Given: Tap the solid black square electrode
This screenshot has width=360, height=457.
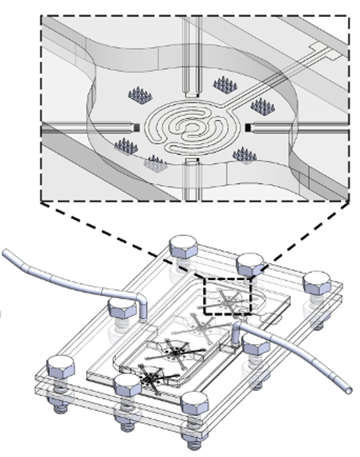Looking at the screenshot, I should (x=248, y=128).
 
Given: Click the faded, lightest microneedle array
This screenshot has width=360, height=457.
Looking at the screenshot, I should (x=155, y=163).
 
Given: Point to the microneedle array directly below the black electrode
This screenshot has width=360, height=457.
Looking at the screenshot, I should (x=244, y=155).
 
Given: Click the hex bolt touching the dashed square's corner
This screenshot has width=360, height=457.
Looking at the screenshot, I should (x=249, y=265).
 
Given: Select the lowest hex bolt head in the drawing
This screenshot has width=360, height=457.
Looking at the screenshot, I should (x=194, y=402).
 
